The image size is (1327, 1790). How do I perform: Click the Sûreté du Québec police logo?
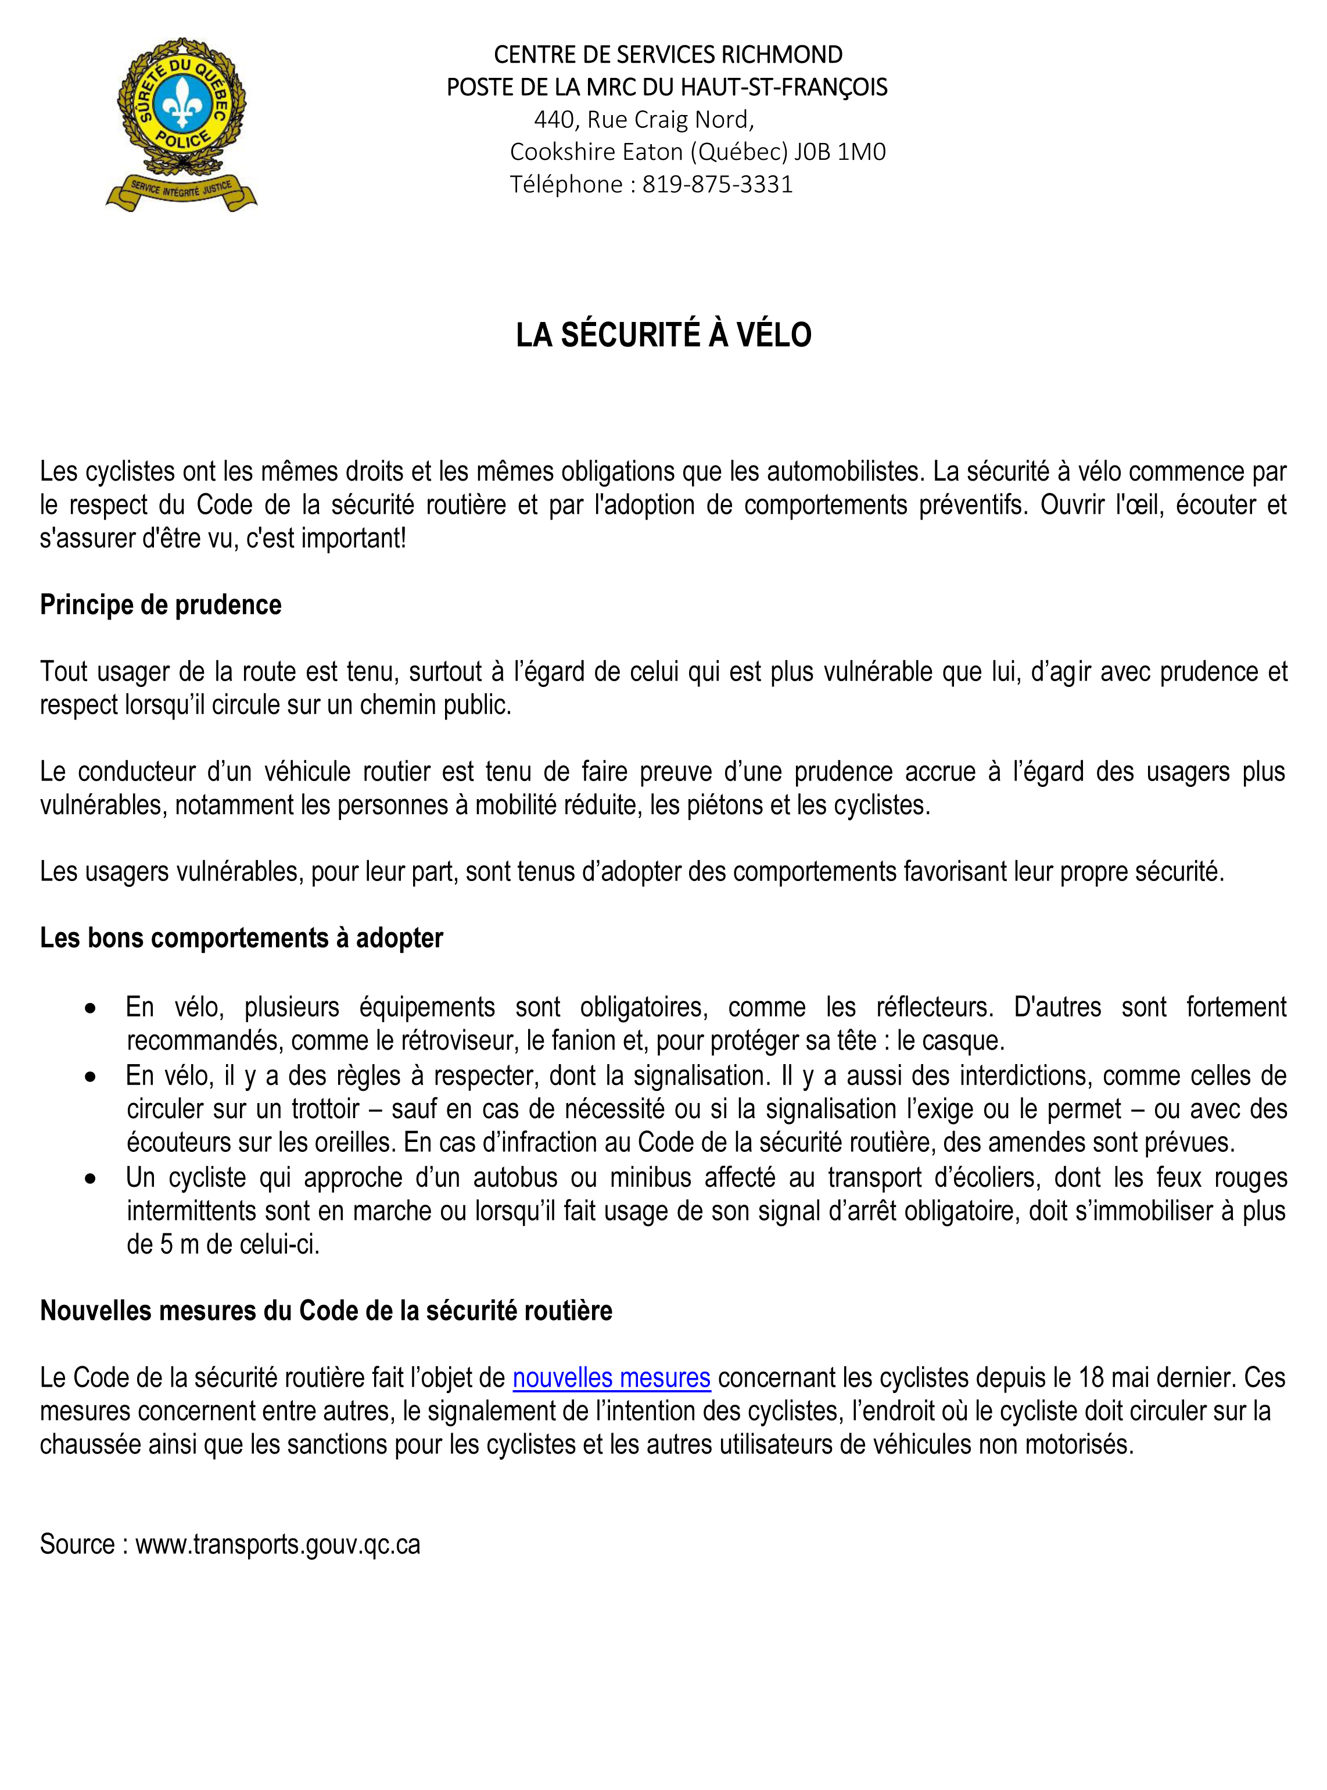pos(181,124)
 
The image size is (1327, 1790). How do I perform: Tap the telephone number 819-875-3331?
pos(718,185)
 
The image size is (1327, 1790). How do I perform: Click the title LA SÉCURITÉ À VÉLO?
pos(663,335)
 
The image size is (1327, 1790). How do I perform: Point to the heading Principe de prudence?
pos(161,604)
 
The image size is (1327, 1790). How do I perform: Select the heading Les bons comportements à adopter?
pos(241,937)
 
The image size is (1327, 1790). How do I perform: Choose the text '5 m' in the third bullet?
pos(178,1244)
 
